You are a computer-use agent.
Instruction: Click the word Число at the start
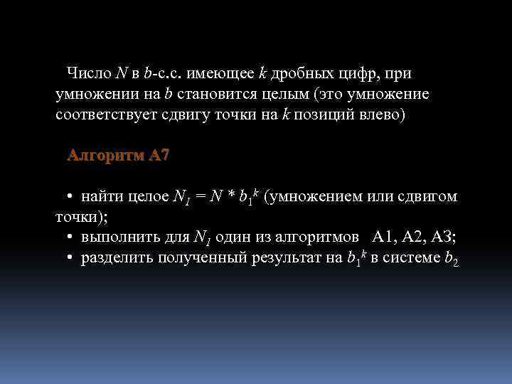[x=89, y=73]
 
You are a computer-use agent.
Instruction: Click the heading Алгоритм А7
[x=118, y=156]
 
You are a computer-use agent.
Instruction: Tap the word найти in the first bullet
[x=102, y=197]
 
